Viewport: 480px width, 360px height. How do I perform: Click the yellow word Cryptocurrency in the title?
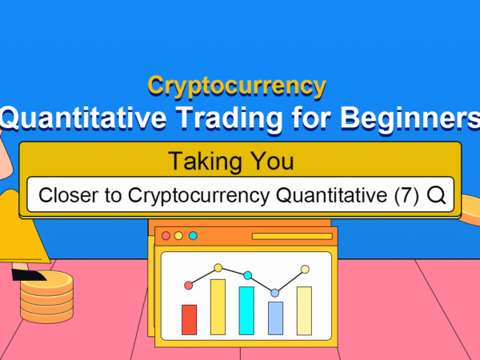point(237,86)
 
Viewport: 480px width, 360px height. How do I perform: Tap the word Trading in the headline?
point(229,118)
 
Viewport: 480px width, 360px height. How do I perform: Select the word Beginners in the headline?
point(410,118)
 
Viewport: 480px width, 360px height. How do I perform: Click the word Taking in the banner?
point(205,162)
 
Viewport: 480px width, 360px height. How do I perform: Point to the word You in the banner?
point(272,161)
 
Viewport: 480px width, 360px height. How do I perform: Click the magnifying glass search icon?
point(436,195)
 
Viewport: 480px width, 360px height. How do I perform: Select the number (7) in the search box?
point(406,195)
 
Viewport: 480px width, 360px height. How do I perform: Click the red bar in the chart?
point(189,319)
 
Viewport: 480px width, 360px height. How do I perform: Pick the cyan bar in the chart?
point(246,310)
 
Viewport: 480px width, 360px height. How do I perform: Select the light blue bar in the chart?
point(275,318)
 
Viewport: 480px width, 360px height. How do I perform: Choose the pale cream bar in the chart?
point(304,310)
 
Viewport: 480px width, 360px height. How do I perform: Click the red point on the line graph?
point(189,286)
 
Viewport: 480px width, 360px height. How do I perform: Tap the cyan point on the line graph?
point(248,275)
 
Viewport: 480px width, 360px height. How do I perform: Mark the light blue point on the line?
point(275,293)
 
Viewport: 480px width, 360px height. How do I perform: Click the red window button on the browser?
point(166,236)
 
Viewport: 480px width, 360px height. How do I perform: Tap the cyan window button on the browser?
point(193,236)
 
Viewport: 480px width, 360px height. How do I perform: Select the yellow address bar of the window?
point(292,236)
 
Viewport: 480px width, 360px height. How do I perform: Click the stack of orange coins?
point(47,298)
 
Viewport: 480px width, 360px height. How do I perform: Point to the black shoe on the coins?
point(28,274)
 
